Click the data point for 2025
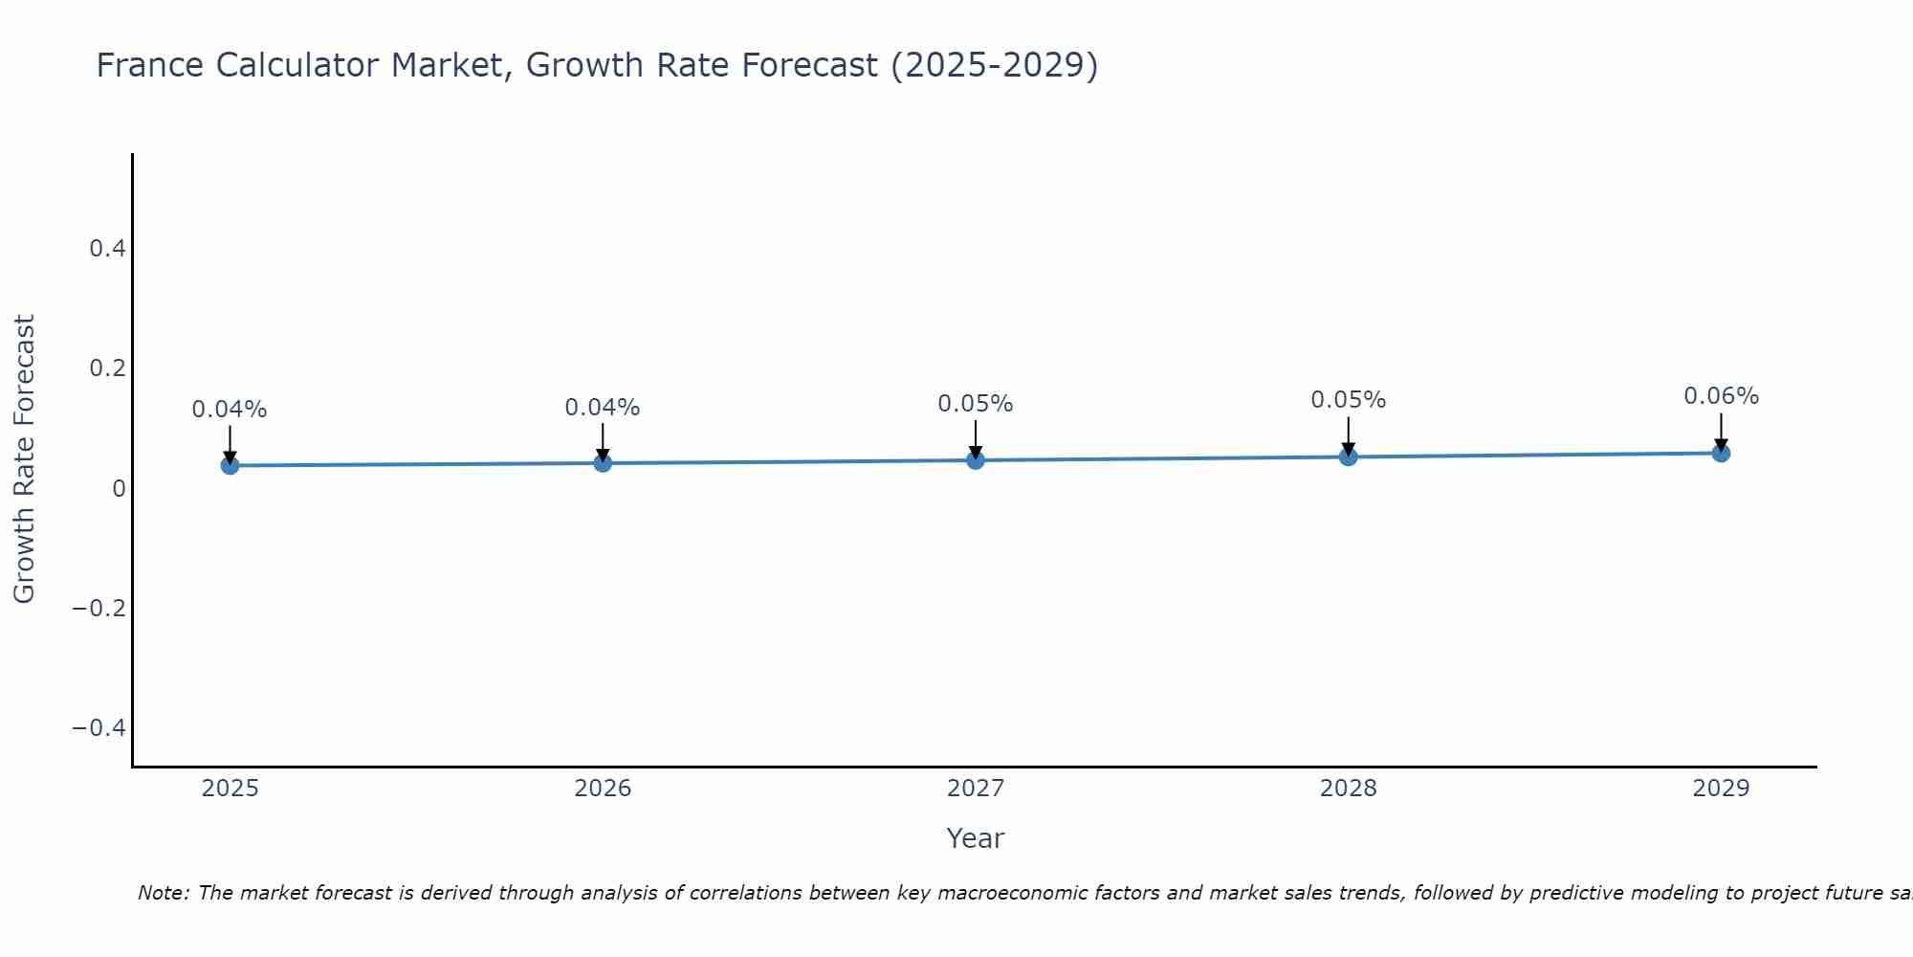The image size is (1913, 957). pyautogui.click(x=230, y=465)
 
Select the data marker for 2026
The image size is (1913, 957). pyautogui.click(x=603, y=463)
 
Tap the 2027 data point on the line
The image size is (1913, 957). pyautogui.click(x=976, y=460)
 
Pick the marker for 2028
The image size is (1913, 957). pyautogui.click(x=1348, y=456)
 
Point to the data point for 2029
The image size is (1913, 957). pyautogui.click(x=1721, y=453)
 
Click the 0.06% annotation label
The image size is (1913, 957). pyautogui.click(x=1721, y=396)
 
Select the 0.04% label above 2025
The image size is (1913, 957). pyautogui.click(x=230, y=410)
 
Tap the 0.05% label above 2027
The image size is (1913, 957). pyautogui.click(x=976, y=404)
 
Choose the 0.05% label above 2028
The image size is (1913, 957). pyautogui.click(x=1348, y=400)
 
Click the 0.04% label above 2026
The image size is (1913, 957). pyautogui.click(x=603, y=408)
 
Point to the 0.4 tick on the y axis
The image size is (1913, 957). pyautogui.click(x=107, y=249)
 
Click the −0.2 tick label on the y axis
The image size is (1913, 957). pyautogui.click(x=99, y=609)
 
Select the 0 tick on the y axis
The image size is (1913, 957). pyautogui.click(x=119, y=489)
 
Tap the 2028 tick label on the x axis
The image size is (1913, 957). pyautogui.click(x=1348, y=789)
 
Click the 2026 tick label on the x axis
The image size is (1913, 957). pyautogui.click(x=603, y=789)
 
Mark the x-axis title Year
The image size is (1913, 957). pyautogui.click(x=975, y=838)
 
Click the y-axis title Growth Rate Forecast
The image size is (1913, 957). pyautogui.click(x=24, y=459)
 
